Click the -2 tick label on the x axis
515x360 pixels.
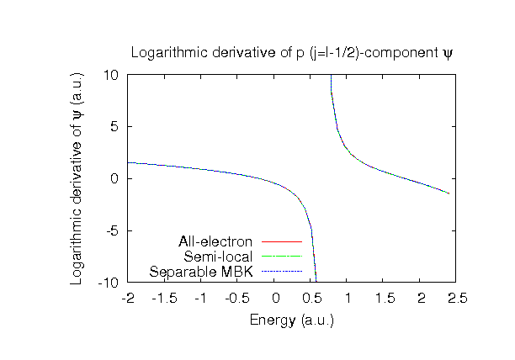[x=128, y=299]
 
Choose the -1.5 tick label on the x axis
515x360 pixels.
[x=164, y=299]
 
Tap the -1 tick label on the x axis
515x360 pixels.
[x=200, y=299]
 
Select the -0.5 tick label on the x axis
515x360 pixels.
[x=237, y=299]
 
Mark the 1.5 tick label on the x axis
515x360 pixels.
[x=383, y=299]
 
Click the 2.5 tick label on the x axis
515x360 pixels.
[x=456, y=299]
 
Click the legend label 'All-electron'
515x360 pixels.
[x=215, y=243]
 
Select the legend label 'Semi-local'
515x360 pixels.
[x=219, y=257]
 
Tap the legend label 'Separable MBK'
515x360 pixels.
[x=201, y=271]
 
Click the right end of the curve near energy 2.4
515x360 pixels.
[x=449, y=193]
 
